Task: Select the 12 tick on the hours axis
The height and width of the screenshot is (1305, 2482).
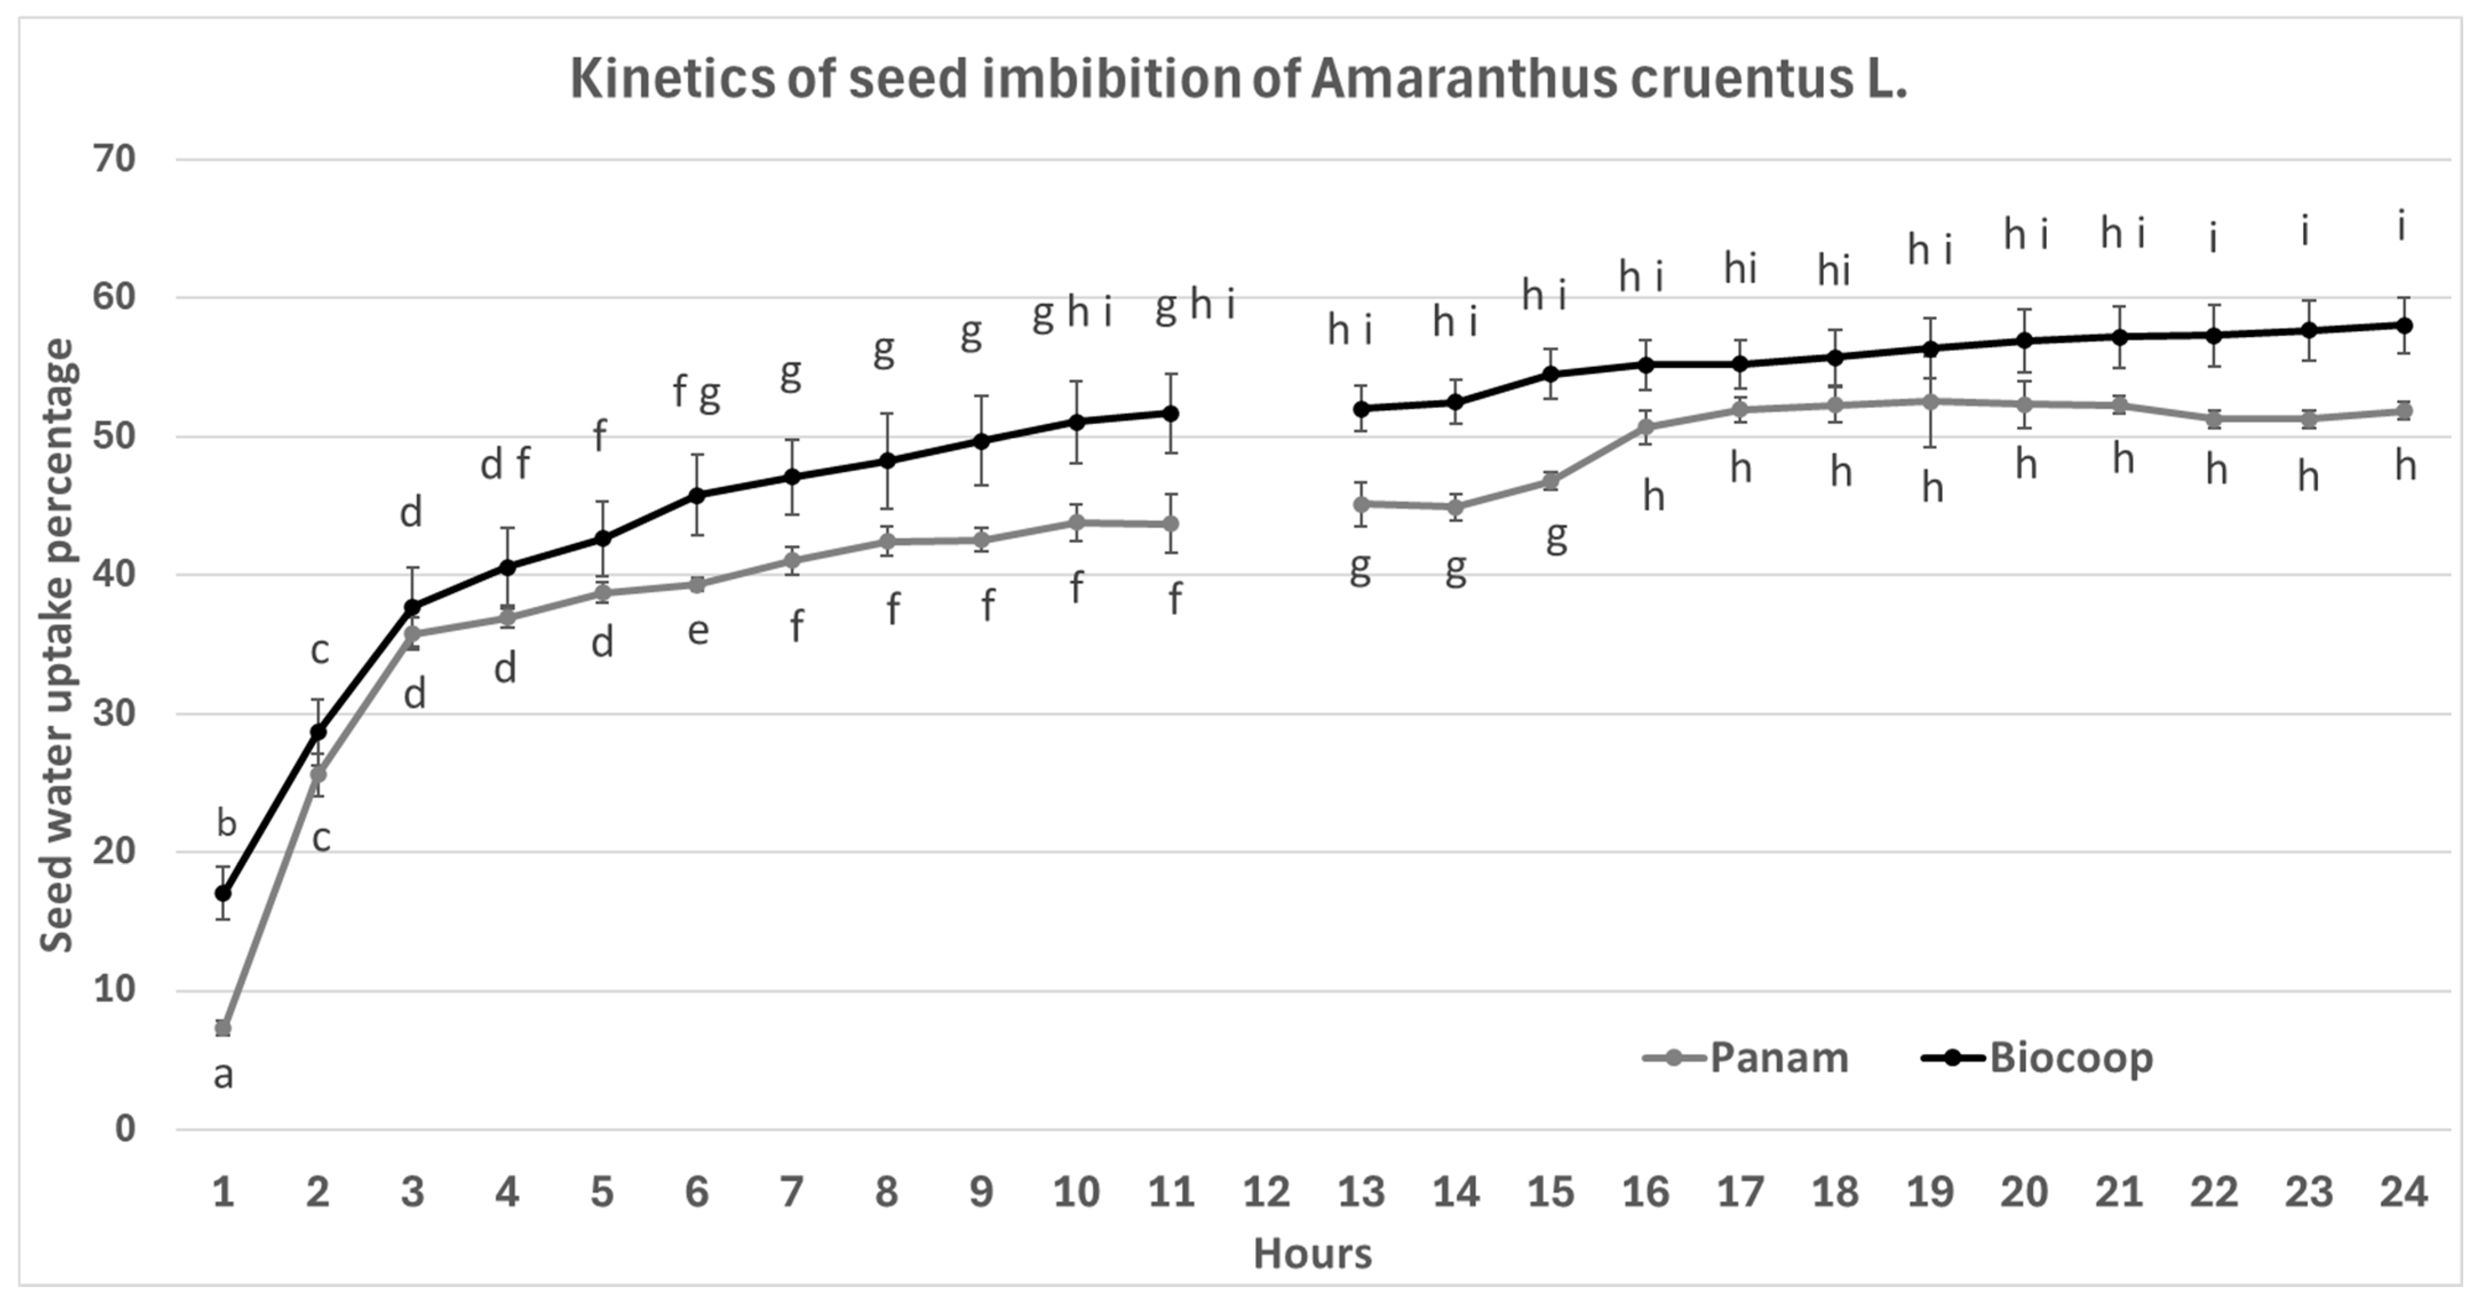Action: [x=1266, y=1193]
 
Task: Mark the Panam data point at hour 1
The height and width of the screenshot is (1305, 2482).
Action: [x=222, y=1028]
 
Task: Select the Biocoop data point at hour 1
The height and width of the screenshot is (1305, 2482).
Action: [x=222, y=893]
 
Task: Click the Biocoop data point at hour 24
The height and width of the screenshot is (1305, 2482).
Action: [x=2404, y=325]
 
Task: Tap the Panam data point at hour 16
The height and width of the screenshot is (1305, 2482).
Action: [x=1646, y=427]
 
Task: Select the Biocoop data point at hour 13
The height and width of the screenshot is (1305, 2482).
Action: [x=1361, y=409]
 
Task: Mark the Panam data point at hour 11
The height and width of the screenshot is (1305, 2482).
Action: [x=1172, y=523]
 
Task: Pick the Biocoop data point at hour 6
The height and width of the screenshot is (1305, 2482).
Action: [x=698, y=495]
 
